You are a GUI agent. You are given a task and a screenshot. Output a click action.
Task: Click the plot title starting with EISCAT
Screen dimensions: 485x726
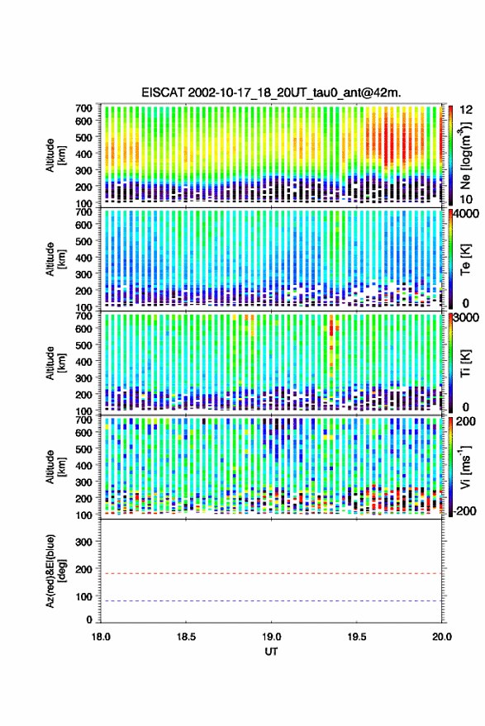[x=271, y=93]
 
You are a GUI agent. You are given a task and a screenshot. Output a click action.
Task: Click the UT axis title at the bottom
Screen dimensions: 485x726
[x=271, y=652]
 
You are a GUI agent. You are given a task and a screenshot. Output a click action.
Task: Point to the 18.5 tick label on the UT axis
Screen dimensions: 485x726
[x=186, y=637]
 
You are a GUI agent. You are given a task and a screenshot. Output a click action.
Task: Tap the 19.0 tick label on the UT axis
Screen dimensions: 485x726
[x=271, y=637]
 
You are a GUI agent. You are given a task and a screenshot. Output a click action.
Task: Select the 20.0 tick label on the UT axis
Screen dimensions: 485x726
[x=442, y=637]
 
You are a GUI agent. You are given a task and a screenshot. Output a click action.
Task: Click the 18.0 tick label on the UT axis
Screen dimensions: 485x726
[x=101, y=637]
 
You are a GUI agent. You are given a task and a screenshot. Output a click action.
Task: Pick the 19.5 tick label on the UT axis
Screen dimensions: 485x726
[x=356, y=637]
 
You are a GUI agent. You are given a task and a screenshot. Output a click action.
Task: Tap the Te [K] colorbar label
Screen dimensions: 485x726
[x=465, y=259]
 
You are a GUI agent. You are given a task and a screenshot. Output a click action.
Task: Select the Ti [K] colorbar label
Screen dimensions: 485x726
[x=465, y=363]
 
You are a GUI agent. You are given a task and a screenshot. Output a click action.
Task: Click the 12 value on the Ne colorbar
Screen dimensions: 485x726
[x=467, y=109]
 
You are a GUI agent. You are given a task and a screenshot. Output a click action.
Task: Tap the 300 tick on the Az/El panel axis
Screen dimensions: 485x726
[x=83, y=542]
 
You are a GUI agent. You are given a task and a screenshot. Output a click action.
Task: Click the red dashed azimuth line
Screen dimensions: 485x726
[x=271, y=573]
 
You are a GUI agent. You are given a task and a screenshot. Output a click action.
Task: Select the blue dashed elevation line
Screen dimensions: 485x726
[x=271, y=600]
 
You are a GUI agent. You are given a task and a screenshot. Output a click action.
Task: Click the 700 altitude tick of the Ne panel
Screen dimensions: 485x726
[x=83, y=108]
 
